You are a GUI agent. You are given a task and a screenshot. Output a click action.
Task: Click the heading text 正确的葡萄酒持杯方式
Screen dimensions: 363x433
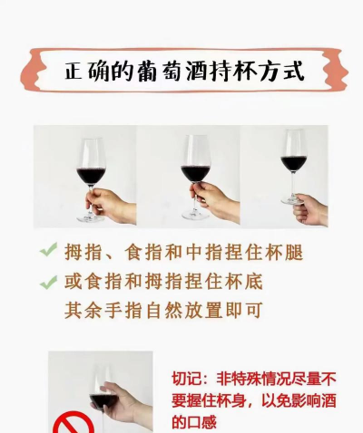pyautogui.click(x=184, y=72)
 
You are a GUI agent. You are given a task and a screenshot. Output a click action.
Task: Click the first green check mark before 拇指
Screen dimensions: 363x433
pyautogui.click(x=48, y=250)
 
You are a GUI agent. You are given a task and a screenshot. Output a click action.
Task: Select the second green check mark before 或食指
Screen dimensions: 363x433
pyautogui.click(x=48, y=283)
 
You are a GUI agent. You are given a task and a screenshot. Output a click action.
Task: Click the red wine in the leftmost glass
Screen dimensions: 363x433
pyautogui.click(x=91, y=177)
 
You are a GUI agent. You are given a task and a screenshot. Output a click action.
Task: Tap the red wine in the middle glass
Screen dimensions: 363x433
pyautogui.click(x=195, y=173)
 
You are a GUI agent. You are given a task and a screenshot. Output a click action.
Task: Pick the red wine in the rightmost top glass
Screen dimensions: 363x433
pyautogui.click(x=293, y=163)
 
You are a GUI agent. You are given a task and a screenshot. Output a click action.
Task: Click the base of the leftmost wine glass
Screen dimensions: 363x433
pyautogui.click(x=90, y=218)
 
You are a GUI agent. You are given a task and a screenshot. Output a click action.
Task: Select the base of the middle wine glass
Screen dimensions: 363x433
pyautogui.click(x=195, y=215)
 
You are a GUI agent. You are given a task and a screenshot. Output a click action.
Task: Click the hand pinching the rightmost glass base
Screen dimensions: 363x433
pyautogui.click(x=310, y=210)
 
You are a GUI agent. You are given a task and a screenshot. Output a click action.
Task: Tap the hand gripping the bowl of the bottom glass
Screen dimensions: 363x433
pyautogui.click(x=127, y=405)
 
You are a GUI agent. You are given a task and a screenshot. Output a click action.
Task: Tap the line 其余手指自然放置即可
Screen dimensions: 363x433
pyautogui.click(x=163, y=310)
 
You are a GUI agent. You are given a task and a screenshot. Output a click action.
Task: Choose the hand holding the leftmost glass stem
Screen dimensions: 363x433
pyautogui.click(x=111, y=206)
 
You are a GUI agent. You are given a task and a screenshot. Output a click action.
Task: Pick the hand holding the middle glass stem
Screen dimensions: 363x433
pyautogui.click(x=215, y=202)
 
